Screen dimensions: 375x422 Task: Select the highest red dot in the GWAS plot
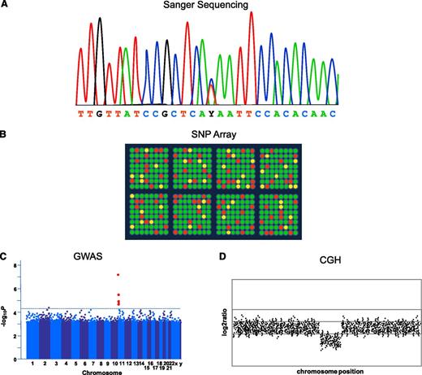tap(118, 275)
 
